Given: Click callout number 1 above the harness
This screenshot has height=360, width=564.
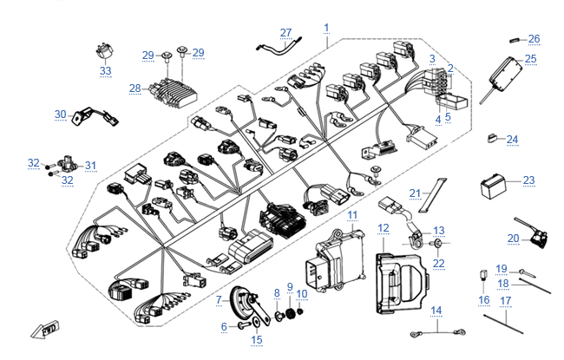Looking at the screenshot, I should pos(327,28).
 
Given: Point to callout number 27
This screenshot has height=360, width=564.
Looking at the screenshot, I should pos(286,33).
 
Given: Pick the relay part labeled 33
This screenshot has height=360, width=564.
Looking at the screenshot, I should pos(105,53).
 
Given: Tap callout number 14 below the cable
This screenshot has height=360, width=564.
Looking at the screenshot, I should pos(436,310).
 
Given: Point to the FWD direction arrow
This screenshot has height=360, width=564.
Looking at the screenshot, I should pos(41,329).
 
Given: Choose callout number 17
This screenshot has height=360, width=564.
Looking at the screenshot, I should pos(506,302).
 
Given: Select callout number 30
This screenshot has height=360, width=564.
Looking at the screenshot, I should pos(61,114).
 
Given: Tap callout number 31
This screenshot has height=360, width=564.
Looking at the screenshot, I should pos(90,165).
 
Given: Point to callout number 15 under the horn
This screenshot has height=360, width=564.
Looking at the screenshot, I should pos(256,339).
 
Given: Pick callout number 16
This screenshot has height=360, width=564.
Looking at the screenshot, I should pos(483,300).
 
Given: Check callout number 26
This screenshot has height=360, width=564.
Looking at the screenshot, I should pos(534,38).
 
